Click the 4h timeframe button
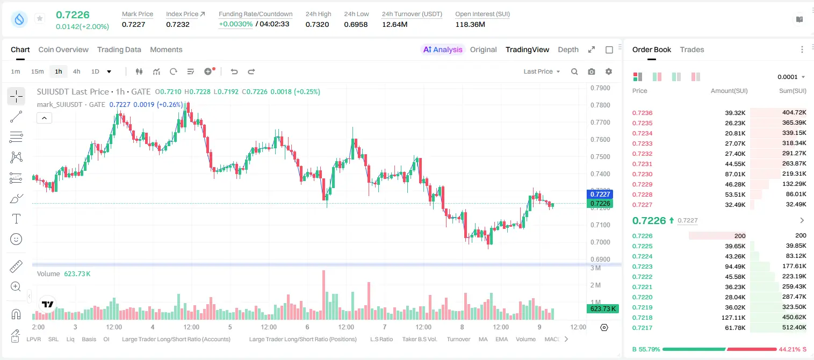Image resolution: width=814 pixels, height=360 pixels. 76,71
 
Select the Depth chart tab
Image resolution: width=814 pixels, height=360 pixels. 568,49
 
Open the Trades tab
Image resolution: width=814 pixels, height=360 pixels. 692,49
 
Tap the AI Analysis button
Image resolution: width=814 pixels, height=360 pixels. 443,49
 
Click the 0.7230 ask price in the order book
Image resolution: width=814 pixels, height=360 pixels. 642,174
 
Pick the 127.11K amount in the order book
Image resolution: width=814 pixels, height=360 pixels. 733,318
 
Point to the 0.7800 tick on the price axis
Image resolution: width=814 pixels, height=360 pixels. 600,105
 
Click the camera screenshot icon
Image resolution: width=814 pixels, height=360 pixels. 592,71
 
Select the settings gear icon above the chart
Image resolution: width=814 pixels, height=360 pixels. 609,71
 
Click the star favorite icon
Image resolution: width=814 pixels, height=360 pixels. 40,18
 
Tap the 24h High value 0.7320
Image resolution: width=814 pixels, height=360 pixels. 317,24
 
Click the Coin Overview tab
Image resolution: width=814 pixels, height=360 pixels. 63,49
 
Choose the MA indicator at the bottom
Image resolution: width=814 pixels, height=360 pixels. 483,339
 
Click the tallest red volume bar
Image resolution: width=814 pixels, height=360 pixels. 324,294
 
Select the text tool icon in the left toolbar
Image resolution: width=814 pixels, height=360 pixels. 16,219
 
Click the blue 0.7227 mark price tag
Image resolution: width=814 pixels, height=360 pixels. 600,194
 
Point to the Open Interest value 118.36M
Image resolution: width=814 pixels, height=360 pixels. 470,24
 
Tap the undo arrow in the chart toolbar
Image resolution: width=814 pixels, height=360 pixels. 234,71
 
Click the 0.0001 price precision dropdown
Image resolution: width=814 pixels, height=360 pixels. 791,77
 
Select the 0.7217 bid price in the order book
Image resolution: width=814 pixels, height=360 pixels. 642,328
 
